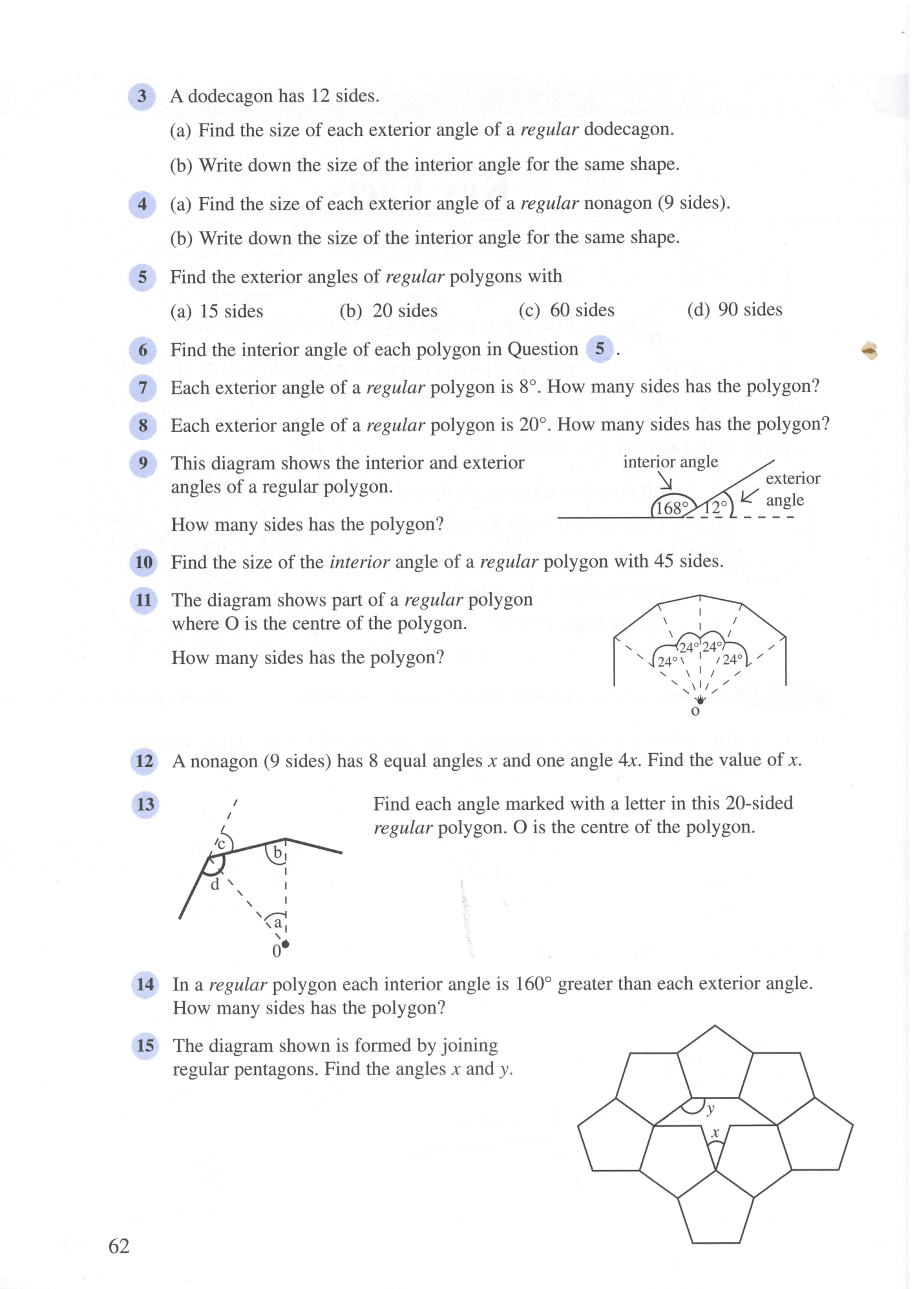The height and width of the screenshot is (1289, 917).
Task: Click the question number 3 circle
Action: (x=142, y=97)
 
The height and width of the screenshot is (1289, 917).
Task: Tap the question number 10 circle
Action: (x=143, y=562)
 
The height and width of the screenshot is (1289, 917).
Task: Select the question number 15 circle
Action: (x=145, y=1045)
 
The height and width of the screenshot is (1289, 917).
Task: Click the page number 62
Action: (x=119, y=1246)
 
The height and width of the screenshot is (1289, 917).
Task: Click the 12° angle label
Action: (x=715, y=507)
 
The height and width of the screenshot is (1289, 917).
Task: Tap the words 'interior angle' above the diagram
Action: (x=670, y=462)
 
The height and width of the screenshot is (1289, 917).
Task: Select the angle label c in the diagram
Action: (x=221, y=844)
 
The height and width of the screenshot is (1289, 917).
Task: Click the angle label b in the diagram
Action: (x=277, y=853)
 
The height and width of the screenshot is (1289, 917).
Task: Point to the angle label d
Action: (x=215, y=884)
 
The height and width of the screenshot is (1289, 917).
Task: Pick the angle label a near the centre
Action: (x=278, y=922)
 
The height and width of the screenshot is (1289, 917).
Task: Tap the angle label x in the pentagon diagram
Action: (x=715, y=1133)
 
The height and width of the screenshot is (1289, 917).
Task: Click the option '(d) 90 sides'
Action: (x=734, y=310)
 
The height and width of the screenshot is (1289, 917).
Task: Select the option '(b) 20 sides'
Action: (x=388, y=311)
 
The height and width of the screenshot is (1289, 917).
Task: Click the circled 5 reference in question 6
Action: (x=600, y=350)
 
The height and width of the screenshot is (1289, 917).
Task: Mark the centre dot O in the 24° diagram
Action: (x=701, y=699)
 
